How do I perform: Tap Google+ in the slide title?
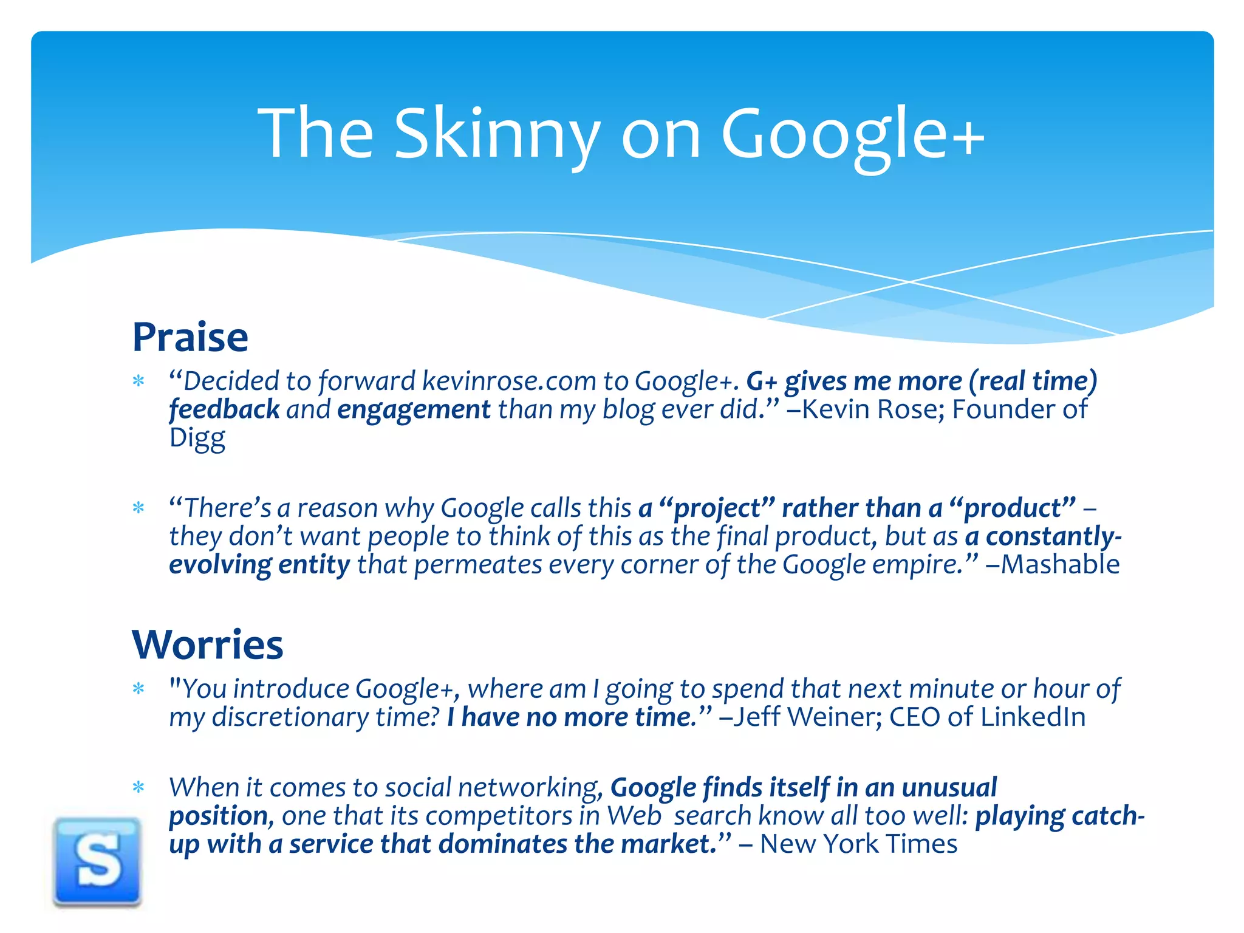point(852,135)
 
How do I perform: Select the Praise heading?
point(190,337)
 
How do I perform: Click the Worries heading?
point(208,644)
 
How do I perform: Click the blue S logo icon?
point(97,862)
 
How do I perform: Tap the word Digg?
point(197,438)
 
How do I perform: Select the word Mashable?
point(1059,564)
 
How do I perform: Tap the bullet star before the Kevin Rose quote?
point(138,381)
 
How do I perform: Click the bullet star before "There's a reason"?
point(138,508)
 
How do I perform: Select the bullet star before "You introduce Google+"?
point(138,689)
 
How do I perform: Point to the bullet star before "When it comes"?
point(138,788)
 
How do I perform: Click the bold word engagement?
point(414,410)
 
